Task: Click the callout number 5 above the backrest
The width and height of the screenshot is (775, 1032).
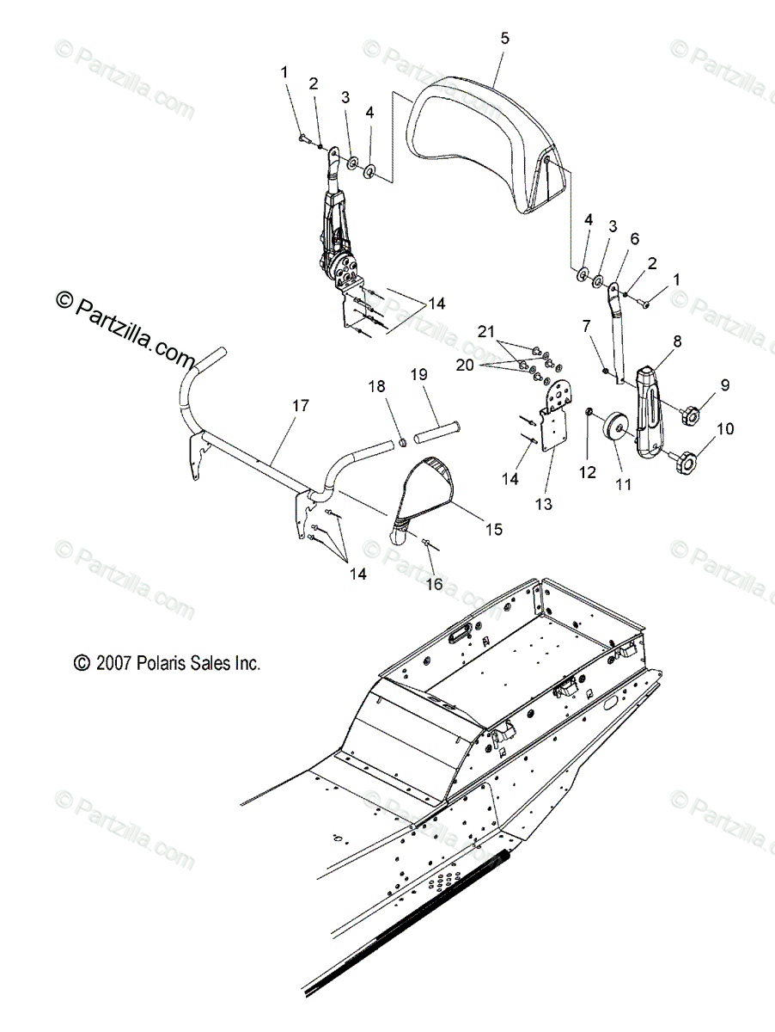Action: click(x=504, y=38)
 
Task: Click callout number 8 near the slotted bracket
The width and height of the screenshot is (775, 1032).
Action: click(x=677, y=341)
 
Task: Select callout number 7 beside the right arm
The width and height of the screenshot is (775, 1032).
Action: click(x=587, y=326)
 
